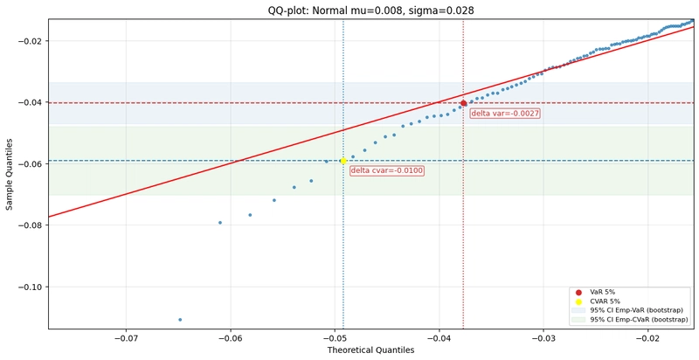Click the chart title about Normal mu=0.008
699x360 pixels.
point(370,10)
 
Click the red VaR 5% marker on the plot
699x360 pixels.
point(464,103)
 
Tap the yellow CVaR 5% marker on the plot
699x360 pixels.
point(343,161)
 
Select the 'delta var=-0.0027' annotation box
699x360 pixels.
point(505,114)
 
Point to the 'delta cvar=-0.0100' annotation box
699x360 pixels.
point(386,170)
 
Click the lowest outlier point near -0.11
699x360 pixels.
point(180,320)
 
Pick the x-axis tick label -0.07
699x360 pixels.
point(126,339)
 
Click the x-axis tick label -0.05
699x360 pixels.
point(335,339)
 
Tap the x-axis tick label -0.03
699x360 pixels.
point(543,339)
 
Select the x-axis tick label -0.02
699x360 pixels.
point(647,339)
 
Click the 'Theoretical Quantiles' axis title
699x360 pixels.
point(370,351)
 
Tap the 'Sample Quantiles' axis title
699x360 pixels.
point(10,175)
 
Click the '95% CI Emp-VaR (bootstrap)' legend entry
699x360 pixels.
point(636,310)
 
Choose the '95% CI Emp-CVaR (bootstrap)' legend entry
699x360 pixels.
point(639,320)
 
